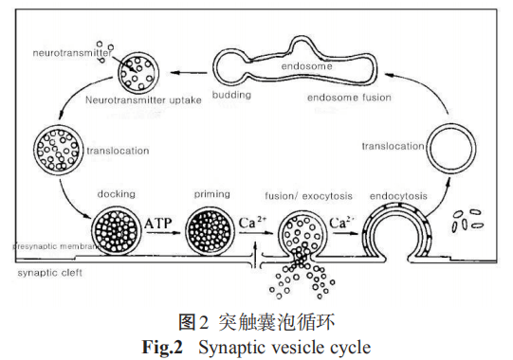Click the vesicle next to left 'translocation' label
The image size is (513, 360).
coord(56,146)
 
